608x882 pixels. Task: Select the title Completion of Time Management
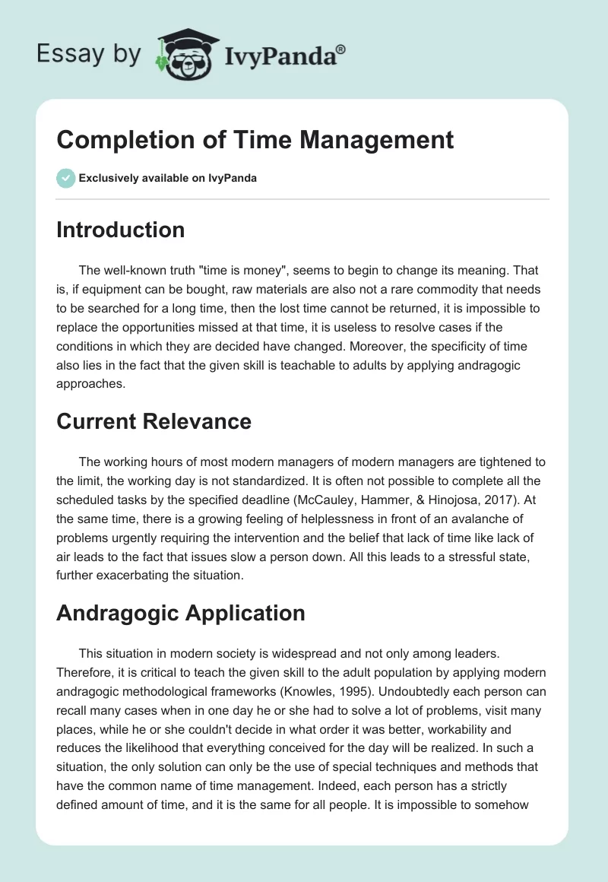point(255,140)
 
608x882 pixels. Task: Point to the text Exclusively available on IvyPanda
point(168,179)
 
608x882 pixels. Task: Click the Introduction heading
point(120,230)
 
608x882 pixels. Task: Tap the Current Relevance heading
point(154,421)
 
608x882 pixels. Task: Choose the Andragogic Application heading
point(180,613)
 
